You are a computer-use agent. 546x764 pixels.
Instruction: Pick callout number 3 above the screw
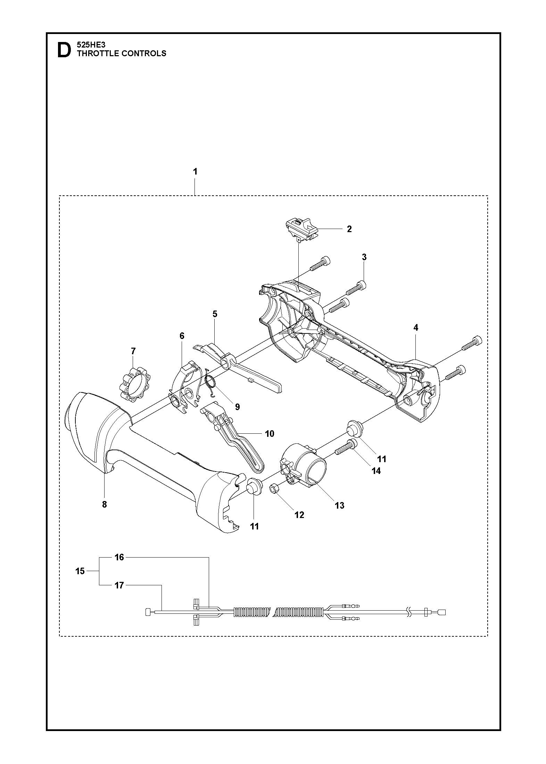point(364,257)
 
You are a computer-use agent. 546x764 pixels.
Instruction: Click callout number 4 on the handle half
point(416,328)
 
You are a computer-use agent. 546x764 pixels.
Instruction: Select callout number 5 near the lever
point(215,314)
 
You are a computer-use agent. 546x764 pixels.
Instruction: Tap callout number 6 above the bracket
point(182,336)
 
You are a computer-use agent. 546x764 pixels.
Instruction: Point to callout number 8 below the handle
point(105,504)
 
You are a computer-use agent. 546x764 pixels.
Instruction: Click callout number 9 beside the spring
point(238,407)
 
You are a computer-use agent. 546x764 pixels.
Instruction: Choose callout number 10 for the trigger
point(270,434)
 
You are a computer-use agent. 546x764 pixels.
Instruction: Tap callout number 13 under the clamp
point(340,506)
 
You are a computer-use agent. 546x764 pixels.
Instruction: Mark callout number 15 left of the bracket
point(80,571)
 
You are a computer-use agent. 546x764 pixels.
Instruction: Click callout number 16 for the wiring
point(119,557)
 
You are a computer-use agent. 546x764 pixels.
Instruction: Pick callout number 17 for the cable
point(119,585)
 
